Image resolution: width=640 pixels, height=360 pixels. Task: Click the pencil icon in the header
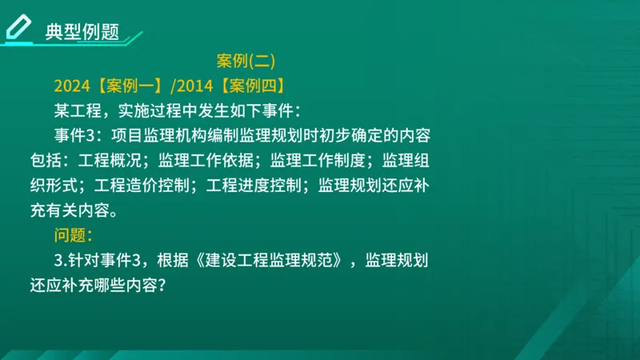coord(18,26)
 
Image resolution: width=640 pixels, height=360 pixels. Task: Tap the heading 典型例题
coord(82,31)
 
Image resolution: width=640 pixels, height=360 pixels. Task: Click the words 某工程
coord(78,110)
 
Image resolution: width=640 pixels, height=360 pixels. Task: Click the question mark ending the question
coord(162,284)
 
